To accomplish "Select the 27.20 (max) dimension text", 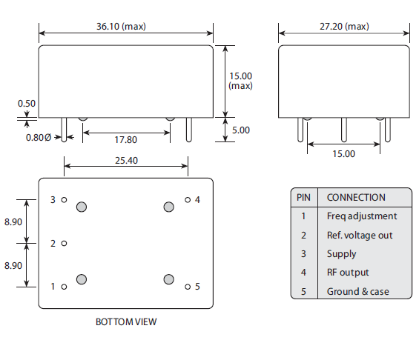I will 344,27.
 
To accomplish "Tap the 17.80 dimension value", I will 125,139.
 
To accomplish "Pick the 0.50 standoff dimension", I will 27,104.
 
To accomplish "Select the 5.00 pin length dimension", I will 240,130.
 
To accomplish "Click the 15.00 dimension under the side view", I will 344,153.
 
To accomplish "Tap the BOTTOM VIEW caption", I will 126,322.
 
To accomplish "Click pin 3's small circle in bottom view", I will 65,200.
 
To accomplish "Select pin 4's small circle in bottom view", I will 188,200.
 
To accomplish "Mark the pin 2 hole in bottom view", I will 65,243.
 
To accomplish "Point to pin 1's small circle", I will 65,286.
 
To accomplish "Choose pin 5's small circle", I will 188,286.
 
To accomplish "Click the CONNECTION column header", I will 356,198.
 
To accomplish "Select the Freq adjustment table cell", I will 361,216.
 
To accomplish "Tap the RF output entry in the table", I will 347,273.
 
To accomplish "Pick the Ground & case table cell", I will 357,292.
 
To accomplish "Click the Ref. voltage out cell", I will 360,236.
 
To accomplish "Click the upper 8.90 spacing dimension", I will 13,221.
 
